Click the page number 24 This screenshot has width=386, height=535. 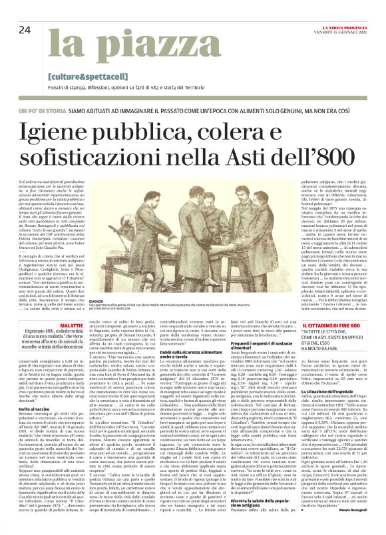pos(24,30)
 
